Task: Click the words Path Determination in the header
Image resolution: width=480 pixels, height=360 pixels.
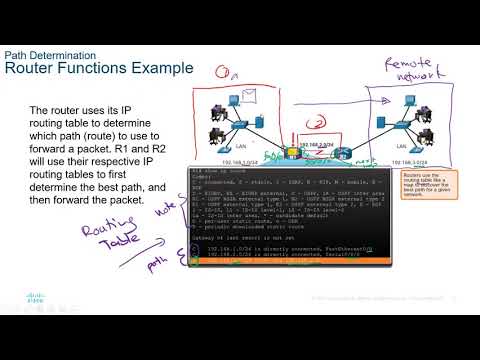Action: click(x=50, y=55)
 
